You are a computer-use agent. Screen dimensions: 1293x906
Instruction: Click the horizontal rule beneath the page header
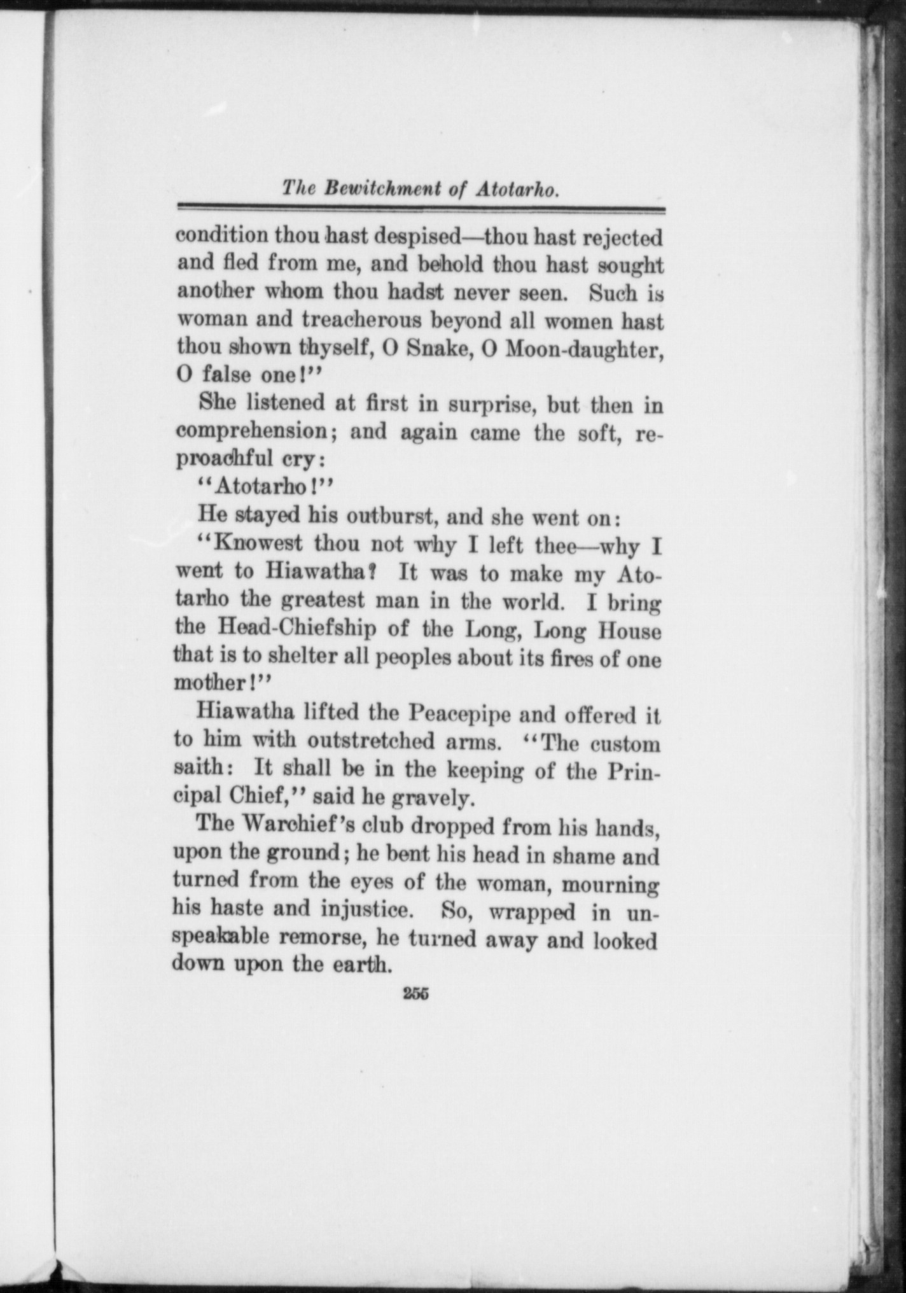(421, 209)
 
